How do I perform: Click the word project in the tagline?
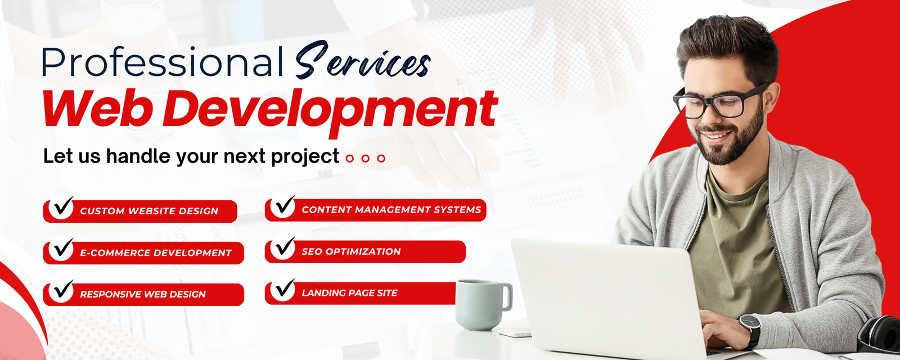click(305, 156)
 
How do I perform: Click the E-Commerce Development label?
click(156, 253)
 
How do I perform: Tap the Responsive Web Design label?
click(143, 294)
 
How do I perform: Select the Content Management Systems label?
click(391, 210)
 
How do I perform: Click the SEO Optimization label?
click(351, 251)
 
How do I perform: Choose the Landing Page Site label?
click(349, 293)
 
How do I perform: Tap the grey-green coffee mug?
click(478, 304)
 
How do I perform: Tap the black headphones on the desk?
click(880, 334)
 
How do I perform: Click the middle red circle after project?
click(366, 159)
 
